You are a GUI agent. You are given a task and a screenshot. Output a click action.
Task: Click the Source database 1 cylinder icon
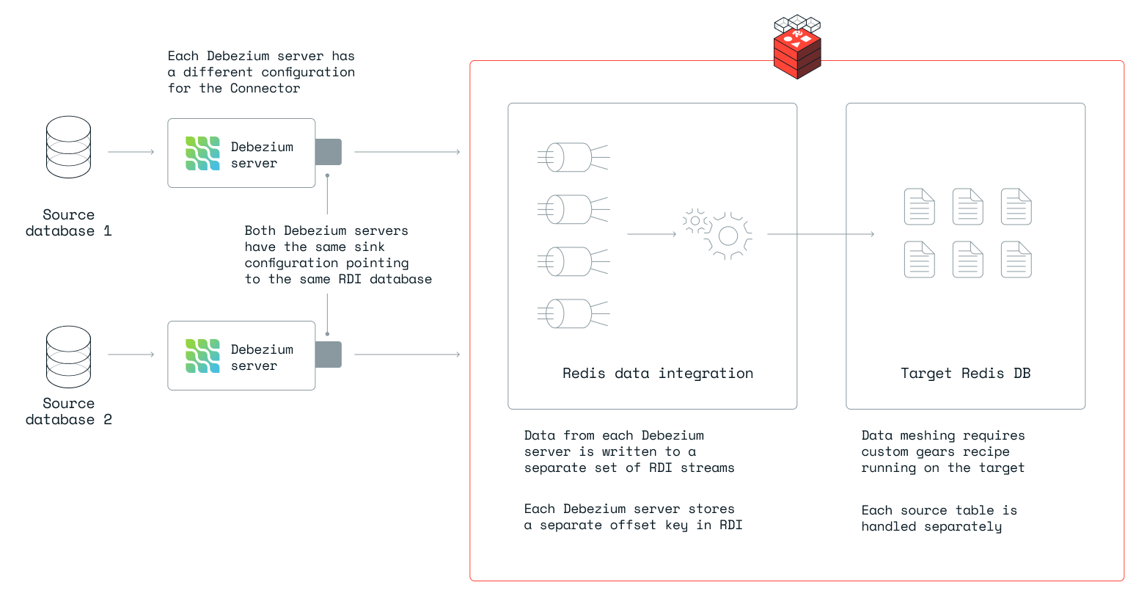tap(68, 147)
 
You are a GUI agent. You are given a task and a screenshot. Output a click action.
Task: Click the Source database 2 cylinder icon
tap(68, 357)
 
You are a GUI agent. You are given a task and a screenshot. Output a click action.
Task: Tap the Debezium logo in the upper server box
tap(202, 153)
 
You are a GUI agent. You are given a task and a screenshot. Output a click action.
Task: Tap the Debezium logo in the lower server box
tap(202, 356)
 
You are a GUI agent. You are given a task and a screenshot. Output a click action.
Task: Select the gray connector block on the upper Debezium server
tap(329, 152)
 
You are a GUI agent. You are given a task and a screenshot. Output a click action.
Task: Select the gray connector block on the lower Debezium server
tap(329, 355)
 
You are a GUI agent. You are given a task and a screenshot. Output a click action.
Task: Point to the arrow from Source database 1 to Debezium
tap(131, 152)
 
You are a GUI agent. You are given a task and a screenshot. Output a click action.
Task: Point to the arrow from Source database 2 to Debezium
tap(131, 355)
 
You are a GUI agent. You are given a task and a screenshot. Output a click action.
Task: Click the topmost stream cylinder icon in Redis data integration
tap(573, 157)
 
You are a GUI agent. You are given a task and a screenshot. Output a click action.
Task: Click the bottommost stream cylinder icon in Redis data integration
tap(573, 313)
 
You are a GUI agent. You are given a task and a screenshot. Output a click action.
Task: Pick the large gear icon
tap(728, 236)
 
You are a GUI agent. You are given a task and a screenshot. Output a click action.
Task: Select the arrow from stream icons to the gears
tap(651, 234)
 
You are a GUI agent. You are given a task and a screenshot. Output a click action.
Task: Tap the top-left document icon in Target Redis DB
tap(919, 206)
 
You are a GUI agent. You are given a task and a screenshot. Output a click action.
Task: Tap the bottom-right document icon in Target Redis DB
tap(1016, 259)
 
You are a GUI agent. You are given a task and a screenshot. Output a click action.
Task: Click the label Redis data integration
tap(658, 373)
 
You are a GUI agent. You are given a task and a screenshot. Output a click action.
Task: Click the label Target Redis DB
tap(965, 373)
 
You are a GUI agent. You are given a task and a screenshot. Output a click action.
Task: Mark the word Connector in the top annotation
tap(265, 88)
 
